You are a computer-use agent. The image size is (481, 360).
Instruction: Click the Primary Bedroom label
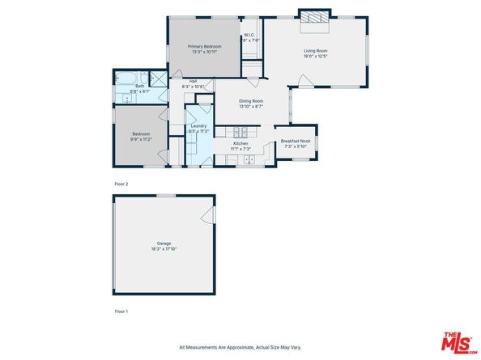pyautogui.click(x=205, y=47)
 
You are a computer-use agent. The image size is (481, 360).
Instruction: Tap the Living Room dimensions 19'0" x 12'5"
pyautogui.click(x=315, y=56)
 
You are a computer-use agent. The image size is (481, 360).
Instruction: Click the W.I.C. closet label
pyautogui.click(x=250, y=35)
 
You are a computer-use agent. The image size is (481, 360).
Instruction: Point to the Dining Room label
pyautogui.click(x=250, y=100)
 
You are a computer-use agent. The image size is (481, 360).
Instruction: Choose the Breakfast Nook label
pyautogui.click(x=296, y=141)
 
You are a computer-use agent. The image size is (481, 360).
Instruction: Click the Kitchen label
pyautogui.click(x=241, y=144)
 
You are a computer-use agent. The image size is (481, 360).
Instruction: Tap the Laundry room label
pyautogui.click(x=198, y=125)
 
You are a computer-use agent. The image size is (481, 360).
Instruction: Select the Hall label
pyautogui.click(x=194, y=81)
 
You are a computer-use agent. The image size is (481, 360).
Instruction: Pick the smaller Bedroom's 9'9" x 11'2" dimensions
pyautogui.click(x=142, y=139)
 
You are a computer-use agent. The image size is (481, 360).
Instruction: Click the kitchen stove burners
pyautogui.click(x=240, y=132)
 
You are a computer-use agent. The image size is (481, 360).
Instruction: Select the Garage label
pyautogui.click(x=164, y=244)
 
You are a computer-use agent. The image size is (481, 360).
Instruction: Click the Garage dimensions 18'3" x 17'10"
pyautogui.click(x=164, y=249)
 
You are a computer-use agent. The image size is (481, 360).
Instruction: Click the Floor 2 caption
pyautogui.click(x=121, y=184)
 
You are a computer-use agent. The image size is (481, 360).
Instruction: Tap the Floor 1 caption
pyautogui.click(x=121, y=311)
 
